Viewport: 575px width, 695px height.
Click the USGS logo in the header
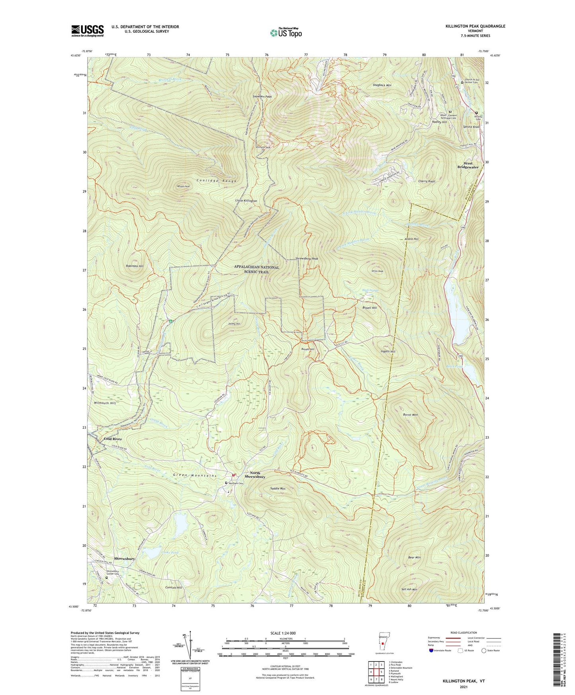[88, 31]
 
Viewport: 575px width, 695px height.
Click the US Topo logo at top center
[285, 33]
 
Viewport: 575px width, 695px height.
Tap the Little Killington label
[246, 201]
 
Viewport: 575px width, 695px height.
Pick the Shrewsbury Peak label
[307, 259]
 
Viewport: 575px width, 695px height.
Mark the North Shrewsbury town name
[255, 475]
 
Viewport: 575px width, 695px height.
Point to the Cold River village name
[113, 439]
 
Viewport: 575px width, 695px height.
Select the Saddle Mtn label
[278, 488]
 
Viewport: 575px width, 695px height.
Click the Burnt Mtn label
[410, 415]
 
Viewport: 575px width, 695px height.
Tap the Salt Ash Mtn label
[409, 589]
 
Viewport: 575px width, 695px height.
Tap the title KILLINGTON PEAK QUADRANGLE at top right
[475, 26]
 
